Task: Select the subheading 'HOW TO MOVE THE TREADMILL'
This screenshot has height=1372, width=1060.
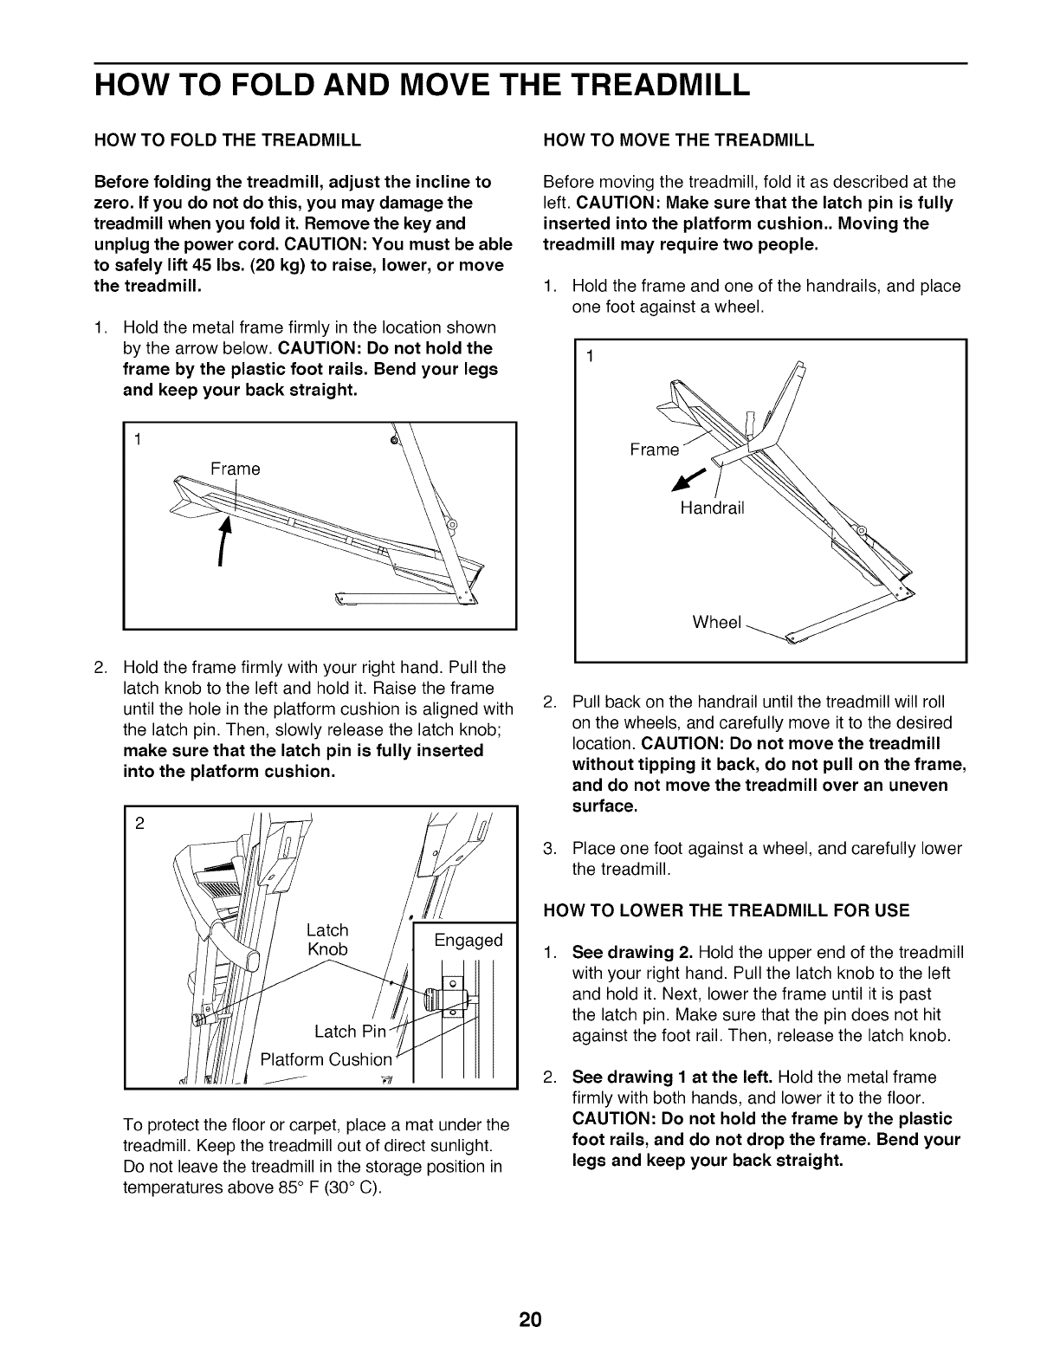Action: (x=678, y=139)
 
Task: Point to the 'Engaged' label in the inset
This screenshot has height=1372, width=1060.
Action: (x=468, y=941)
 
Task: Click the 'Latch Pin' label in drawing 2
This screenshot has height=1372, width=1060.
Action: (x=348, y=1031)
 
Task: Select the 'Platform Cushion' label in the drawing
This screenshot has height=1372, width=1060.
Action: (x=326, y=1059)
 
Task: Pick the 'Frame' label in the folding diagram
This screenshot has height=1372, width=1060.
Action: (x=236, y=469)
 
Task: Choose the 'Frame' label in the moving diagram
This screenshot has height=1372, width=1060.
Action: (x=654, y=450)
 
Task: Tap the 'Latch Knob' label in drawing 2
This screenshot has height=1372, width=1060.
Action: (x=327, y=940)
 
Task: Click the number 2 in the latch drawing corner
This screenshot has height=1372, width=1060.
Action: (x=139, y=823)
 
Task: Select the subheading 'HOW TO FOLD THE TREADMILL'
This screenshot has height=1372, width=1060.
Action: (x=228, y=139)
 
